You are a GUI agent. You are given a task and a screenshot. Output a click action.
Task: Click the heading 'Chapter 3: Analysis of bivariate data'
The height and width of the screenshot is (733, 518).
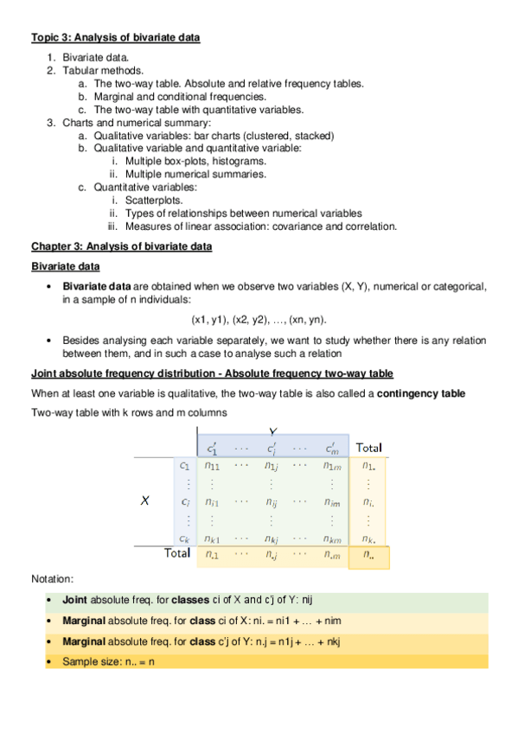[121, 247]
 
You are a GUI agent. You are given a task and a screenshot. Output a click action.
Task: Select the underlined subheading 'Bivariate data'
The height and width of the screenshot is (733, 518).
[65, 266]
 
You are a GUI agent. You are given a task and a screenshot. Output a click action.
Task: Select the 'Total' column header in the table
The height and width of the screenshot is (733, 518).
[368, 448]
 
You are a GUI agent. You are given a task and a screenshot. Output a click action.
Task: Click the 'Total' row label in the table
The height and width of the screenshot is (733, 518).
[178, 553]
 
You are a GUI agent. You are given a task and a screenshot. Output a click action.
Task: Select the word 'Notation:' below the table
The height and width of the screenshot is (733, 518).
[54, 578]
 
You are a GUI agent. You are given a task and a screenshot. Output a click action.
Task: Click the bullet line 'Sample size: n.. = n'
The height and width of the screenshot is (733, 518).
[108, 661]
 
